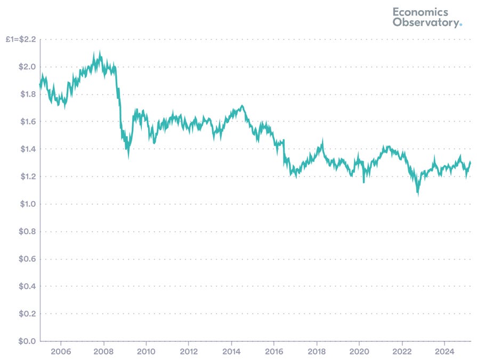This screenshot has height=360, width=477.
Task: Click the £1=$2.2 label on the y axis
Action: (x=21, y=39)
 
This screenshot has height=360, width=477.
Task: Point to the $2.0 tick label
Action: (x=26, y=67)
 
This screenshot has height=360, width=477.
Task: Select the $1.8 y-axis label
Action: (x=26, y=94)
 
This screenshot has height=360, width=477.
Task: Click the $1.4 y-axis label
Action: (x=26, y=149)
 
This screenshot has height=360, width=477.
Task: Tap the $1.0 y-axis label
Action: (x=26, y=204)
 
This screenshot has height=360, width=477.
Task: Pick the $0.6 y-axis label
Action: (x=26, y=259)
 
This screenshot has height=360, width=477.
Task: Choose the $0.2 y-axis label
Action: (x=26, y=314)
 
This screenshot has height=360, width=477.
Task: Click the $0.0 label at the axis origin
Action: (x=26, y=341)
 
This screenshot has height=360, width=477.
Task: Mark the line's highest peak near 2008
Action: (x=100, y=52)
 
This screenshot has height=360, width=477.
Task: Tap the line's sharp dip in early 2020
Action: (x=364, y=182)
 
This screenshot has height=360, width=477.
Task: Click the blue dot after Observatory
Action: (x=461, y=25)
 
